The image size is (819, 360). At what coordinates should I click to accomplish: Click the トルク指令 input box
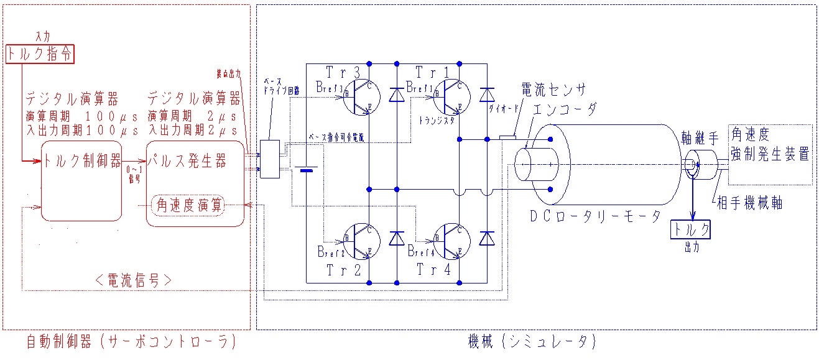click(x=40, y=54)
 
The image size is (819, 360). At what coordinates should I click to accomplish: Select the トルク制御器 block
click(x=81, y=181)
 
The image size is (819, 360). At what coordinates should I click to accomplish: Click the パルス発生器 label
click(x=187, y=161)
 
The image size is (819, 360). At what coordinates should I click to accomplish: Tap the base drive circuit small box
click(x=269, y=159)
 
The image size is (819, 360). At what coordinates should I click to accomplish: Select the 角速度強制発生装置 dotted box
click(x=770, y=154)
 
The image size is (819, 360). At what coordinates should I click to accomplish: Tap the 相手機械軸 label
click(x=749, y=203)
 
